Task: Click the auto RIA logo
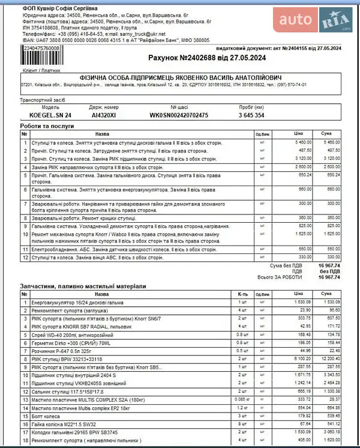click(316, 22)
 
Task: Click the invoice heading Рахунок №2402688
click(206, 58)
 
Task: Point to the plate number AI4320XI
click(104, 115)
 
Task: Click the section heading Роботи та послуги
click(47, 127)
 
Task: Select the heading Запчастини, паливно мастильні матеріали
click(83, 286)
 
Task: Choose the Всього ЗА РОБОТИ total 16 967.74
click(329, 277)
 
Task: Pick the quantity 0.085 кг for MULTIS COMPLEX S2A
click(243, 398)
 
